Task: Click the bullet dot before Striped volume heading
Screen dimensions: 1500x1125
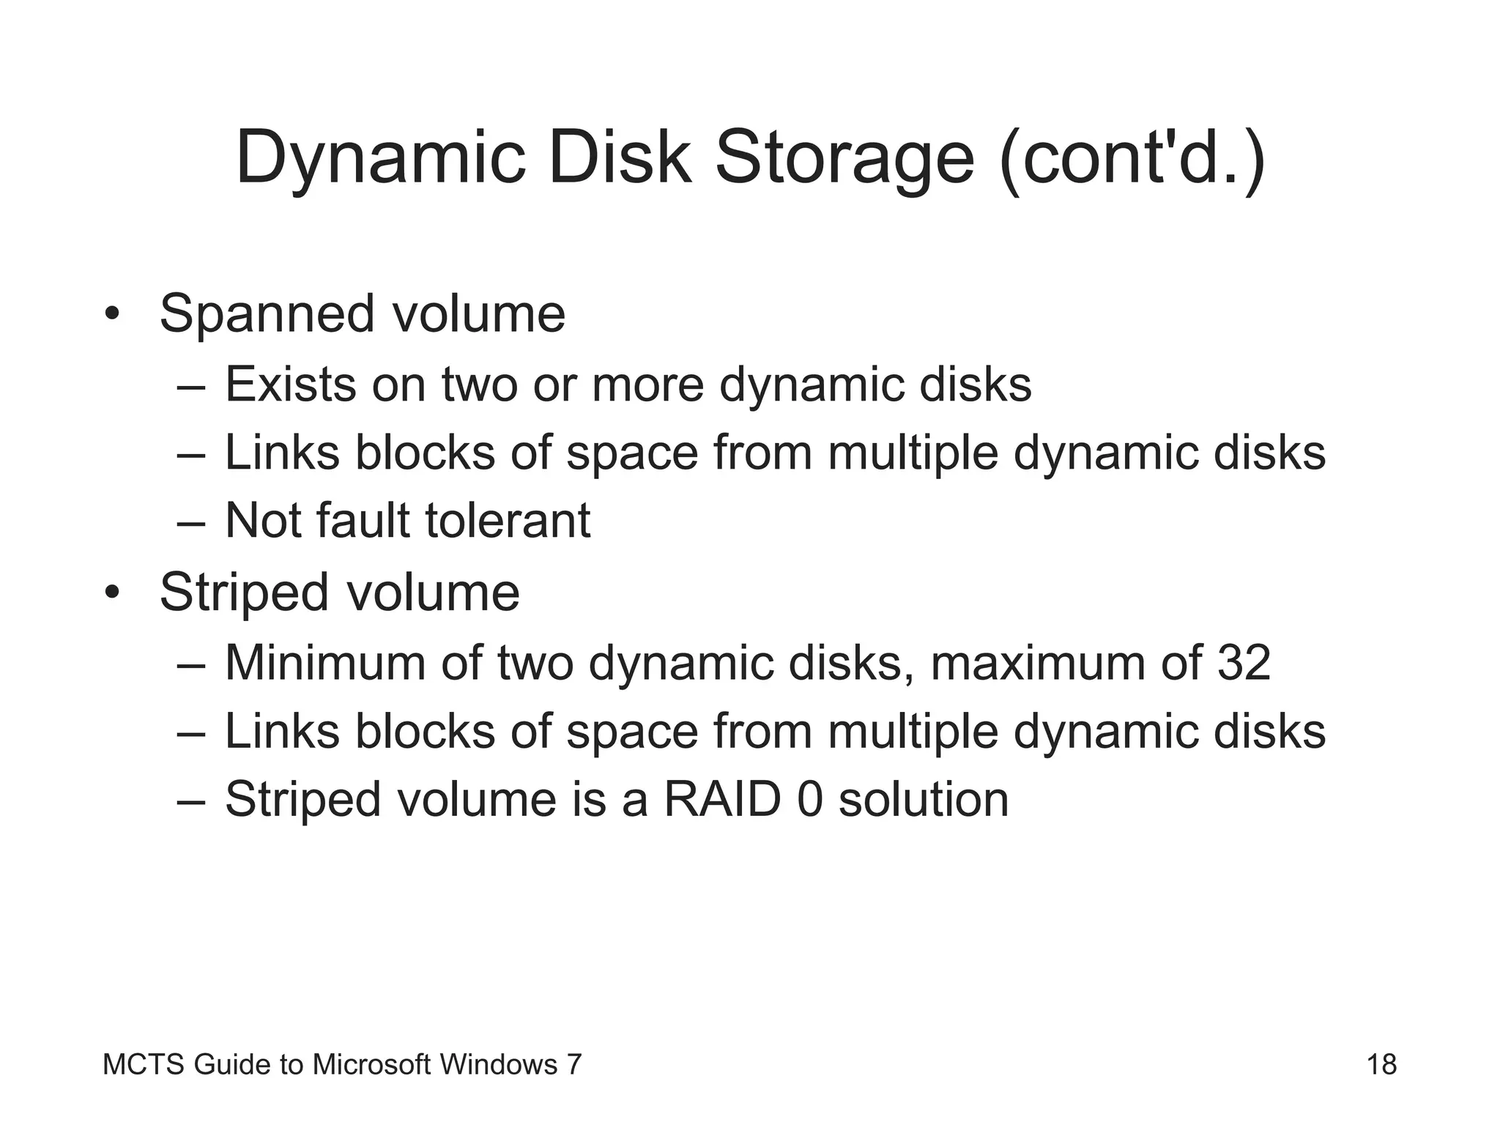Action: [x=111, y=593]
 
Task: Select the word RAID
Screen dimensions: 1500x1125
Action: [x=722, y=799]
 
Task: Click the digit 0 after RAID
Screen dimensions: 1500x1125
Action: [x=810, y=799]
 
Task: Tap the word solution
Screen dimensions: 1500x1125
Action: [x=924, y=799]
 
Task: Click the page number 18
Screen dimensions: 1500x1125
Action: [x=1381, y=1064]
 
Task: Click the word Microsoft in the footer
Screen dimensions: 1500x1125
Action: [x=371, y=1064]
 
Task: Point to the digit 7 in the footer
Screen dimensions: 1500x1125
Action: [x=574, y=1064]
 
